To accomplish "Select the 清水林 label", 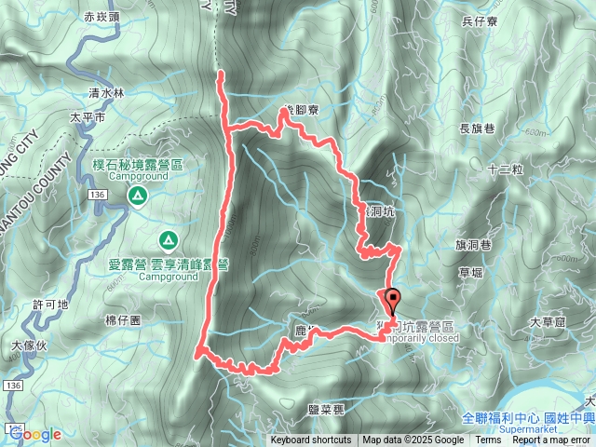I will pos(106,93).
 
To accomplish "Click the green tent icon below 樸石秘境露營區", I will pos(137,196).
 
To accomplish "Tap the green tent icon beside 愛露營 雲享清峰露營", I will pos(168,241).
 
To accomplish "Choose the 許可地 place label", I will pos(50,305).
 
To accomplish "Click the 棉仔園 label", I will pos(122,319).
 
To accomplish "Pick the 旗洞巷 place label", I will pos(473,244).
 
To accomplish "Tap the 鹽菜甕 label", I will pos(327,409).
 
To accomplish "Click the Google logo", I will pos(35,435).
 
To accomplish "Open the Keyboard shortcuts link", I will pos(311,440).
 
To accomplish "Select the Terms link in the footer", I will pos(488,440).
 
